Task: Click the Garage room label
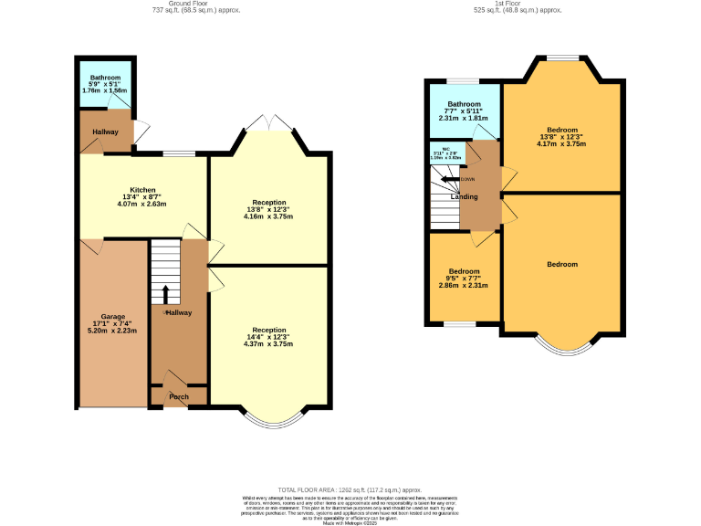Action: click(113, 316)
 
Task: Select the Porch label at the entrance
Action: click(178, 397)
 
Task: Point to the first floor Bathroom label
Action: click(464, 104)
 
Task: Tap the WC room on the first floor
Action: click(446, 153)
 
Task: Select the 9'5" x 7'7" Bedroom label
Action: click(464, 271)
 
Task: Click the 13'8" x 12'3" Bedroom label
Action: click(562, 130)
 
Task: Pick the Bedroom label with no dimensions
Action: click(562, 264)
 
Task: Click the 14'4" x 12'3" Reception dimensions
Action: click(269, 338)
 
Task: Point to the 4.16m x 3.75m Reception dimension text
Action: click(269, 216)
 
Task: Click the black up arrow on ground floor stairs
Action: click(165, 293)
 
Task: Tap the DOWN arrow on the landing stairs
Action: click(452, 179)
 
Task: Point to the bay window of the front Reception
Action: click(272, 419)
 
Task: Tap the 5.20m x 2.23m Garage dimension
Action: click(113, 331)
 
